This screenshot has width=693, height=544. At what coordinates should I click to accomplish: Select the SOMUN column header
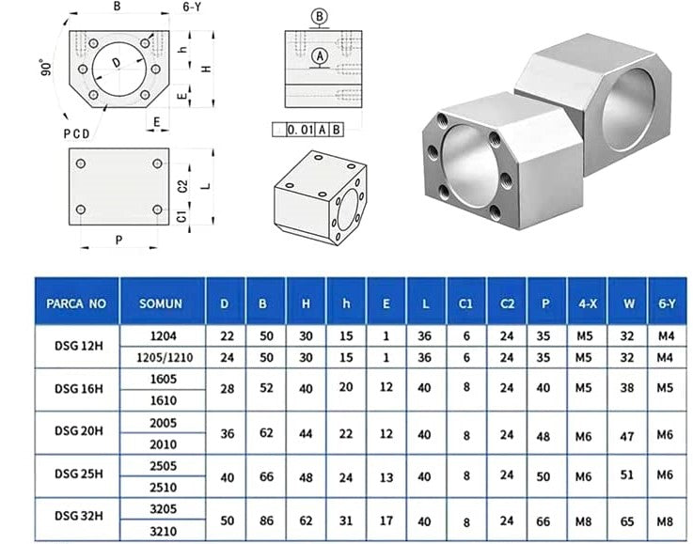(x=163, y=303)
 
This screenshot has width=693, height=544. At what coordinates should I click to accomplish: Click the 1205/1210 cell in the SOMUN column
(x=163, y=357)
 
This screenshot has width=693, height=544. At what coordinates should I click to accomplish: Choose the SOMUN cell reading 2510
(x=163, y=488)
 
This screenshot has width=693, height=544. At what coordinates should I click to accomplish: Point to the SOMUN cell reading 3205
(x=163, y=508)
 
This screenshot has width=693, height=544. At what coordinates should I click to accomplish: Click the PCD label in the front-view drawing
(x=78, y=132)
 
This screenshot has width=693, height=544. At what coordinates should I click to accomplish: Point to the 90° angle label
(x=45, y=69)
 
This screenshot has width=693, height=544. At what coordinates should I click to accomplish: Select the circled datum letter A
(x=320, y=57)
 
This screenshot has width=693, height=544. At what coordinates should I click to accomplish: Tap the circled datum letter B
(x=320, y=16)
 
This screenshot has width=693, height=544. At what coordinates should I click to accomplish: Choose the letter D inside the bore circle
(x=116, y=63)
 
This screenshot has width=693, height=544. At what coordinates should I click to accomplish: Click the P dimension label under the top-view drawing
(x=118, y=240)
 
